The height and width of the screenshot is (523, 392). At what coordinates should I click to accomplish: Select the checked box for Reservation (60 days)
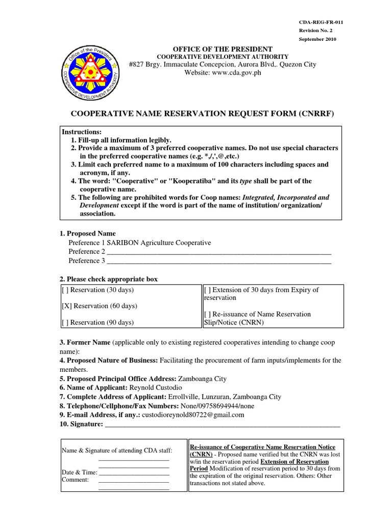coord(66,306)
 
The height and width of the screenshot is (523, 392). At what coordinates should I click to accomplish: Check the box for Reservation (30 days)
coord(65,290)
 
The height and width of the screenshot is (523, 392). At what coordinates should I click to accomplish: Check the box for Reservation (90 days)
coord(65,322)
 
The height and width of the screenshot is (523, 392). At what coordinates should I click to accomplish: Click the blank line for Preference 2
coord(219,252)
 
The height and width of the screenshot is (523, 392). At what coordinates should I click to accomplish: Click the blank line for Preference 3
coord(219,261)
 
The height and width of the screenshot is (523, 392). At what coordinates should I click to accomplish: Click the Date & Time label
coord(79,472)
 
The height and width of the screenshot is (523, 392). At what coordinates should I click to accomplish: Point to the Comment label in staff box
coord(75,480)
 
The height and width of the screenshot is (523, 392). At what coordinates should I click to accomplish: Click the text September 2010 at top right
coord(317,39)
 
